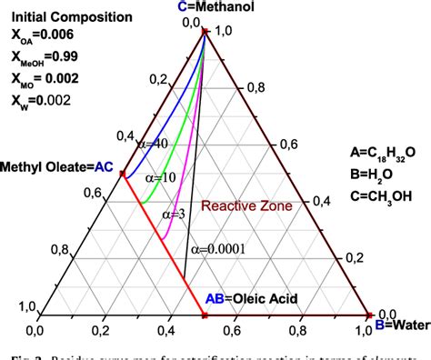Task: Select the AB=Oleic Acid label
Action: (248, 297)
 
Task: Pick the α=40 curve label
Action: (149, 144)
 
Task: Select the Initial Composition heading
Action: (58, 17)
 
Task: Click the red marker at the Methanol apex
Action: (205, 31)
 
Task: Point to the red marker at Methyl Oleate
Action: (125, 175)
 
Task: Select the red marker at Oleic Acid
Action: (205, 315)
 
